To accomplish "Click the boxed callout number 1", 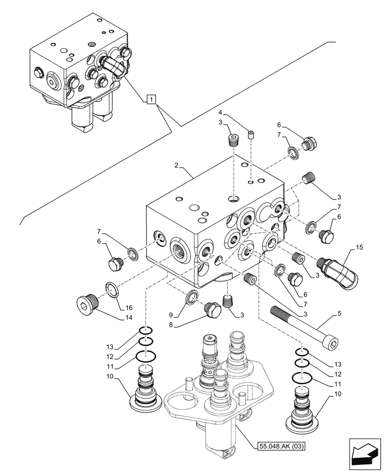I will [150, 99].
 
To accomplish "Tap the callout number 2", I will [176, 166].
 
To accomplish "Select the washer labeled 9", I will [193, 298].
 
